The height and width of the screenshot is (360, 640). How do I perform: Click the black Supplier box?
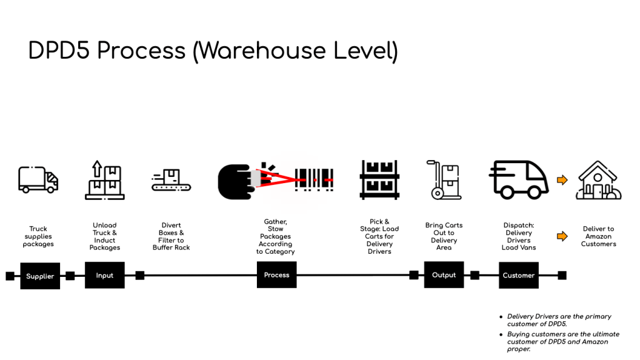tap(40, 276)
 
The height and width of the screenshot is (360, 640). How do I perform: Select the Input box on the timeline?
tap(104, 275)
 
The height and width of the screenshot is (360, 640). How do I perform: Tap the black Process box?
tap(276, 275)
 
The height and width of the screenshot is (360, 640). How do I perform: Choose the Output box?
tap(444, 275)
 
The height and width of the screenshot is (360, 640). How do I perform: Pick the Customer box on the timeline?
tap(518, 275)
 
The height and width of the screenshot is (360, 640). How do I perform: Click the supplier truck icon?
tap(38, 179)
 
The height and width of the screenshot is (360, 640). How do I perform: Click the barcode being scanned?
tap(314, 179)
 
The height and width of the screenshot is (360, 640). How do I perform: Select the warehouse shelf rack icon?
tap(379, 179)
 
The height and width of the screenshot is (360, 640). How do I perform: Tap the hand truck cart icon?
tap(444, 179)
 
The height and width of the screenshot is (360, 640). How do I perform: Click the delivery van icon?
tap(518, 179)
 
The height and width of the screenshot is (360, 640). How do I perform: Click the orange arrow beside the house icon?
tap(562, 180)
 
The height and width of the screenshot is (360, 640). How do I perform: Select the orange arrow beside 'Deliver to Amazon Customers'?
tap(562, 236)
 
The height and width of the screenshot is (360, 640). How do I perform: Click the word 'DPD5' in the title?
tap(59, 51)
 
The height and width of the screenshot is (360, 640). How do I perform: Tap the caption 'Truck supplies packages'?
tap(38, 236)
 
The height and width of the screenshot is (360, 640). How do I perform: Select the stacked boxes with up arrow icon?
tap(104, 180)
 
